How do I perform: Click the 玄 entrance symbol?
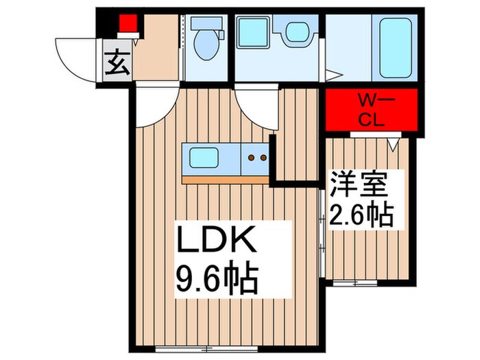tap(117, 64)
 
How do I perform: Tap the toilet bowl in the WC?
tap(206, 45)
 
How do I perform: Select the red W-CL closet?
tap(372, 110)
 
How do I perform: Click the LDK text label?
tap(217, 240)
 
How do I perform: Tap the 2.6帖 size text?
tap(361, 214)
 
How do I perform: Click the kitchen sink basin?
tap(204, 158)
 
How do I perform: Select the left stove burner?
tap(252, 158)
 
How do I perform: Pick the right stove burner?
tap(263, 158)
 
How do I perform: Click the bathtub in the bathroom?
tap(395, 48)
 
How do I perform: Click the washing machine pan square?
tap(253, 32)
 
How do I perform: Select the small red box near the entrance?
tap(128, 23)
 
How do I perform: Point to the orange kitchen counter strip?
tap(226, 180)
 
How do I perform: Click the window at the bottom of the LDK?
tap(206, 348)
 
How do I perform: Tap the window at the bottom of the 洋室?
tap(355, 283)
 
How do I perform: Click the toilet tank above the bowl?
tap(206, 23)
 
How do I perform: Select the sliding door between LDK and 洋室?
tap(322, 233)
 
